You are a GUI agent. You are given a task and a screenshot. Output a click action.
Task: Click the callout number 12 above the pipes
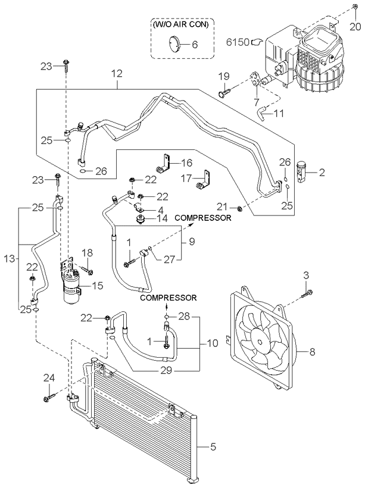117,74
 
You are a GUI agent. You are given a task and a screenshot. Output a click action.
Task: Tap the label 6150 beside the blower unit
238,42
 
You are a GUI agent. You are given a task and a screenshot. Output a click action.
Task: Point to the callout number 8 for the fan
312,352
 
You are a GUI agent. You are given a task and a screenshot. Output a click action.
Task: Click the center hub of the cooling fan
260,338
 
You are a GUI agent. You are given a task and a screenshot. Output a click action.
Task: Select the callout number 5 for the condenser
213,447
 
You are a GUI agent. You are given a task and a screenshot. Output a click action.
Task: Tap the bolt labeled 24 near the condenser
49,398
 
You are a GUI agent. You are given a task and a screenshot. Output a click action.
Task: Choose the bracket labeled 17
202,180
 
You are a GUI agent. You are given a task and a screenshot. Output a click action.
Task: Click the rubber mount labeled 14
141,218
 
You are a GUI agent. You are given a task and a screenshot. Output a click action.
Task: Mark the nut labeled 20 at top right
355,7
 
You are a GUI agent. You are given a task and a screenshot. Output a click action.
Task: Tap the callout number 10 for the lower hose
213,343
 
